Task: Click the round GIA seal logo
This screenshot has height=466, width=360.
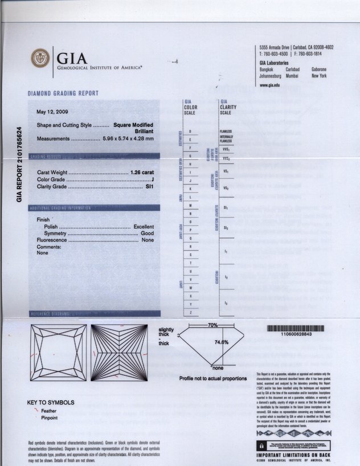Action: pyautogui.click(x=40, y=58)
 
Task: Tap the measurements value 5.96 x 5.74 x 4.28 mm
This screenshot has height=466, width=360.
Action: pyautogui.click(x=128, y=138)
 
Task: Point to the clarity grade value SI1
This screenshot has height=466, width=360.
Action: pyautogui.click(x=150, y=186)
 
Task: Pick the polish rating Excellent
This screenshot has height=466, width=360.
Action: pyautogui.click(x=144, y=227)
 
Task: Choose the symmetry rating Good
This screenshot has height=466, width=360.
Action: pyautogui.click(x=148, y=234)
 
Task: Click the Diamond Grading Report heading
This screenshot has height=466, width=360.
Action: pyautogui.click(x=63, y=93)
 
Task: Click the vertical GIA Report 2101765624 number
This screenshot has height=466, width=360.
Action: pyautogui.click(x=19, y=164)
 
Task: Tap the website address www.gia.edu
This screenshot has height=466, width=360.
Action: pyautogui.click(x=270, y=85)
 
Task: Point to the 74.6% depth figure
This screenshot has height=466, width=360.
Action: pyautogui.click(x=221, y=342)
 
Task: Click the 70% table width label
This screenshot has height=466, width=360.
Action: pyautogui.click(x=213, y=325)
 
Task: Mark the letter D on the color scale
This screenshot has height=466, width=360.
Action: pyautogui.click(x=190, y=132)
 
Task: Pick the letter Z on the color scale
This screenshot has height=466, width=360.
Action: pyautogui.click(x=190, y=313)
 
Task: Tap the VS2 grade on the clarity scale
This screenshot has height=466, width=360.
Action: pyautogui.click(x=226, y=188)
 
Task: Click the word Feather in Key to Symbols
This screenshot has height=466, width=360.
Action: pyautogui.click(x=49, y=411)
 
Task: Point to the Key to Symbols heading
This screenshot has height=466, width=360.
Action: pyautogui.click(x=51, y=403)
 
